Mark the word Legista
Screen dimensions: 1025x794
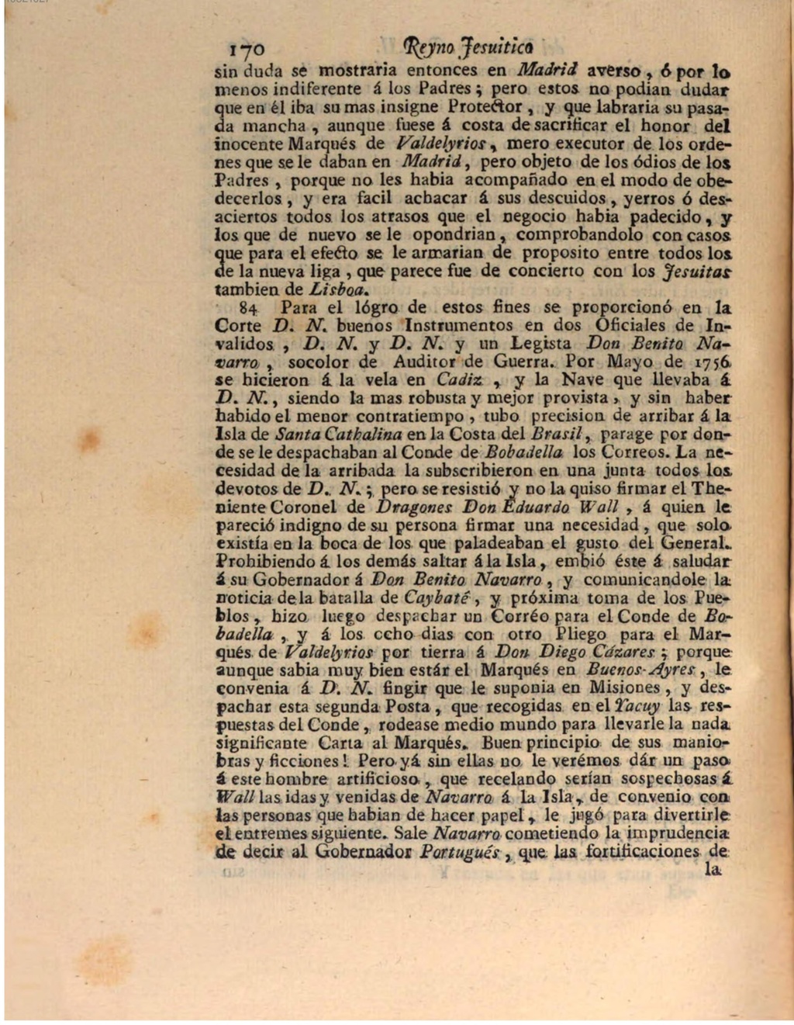coord(540,344)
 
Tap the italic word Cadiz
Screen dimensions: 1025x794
coord(460,380)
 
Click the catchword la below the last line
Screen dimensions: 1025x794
coord(713,871)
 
